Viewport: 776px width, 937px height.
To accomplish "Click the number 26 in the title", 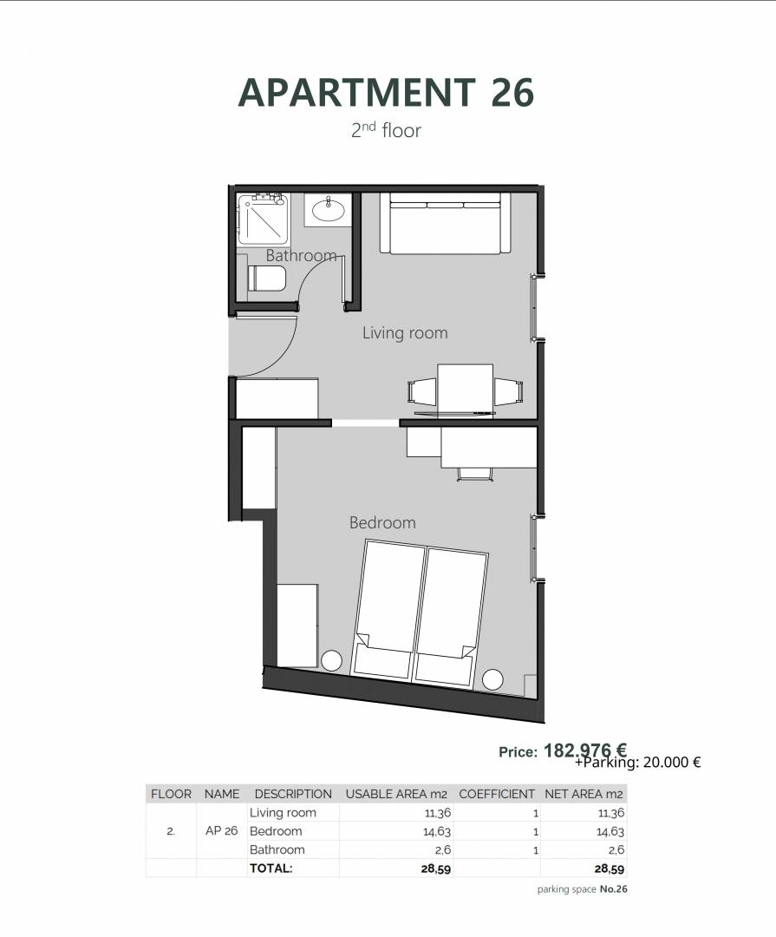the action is coord(512,93).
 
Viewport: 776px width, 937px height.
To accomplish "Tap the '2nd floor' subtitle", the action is coord(386,129).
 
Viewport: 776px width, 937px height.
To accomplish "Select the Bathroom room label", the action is coord(301,256).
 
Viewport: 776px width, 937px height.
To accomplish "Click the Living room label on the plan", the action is coord(405,333).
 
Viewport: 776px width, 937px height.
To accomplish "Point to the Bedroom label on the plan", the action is coord(382,523).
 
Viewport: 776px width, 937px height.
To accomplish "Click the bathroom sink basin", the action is coord(328,210).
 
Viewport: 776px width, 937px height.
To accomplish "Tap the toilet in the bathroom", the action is coord(266,278).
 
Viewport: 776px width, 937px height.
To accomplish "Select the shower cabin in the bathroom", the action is coord(264,219).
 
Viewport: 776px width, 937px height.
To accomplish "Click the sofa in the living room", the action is coord(446,223).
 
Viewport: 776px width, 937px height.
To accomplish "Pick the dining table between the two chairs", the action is coord(466,390).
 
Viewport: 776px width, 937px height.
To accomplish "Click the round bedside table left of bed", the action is coord(331,661).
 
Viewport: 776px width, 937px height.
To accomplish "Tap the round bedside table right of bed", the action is coord(492,679).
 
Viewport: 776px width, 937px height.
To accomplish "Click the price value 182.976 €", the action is coord(585,750).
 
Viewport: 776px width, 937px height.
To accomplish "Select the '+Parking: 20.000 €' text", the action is coord(637,763).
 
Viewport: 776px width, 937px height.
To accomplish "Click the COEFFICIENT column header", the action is coord(497,794).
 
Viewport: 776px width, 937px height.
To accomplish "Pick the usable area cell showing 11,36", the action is coord(438,813).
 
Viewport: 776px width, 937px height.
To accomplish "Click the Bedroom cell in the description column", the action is coord(276,831).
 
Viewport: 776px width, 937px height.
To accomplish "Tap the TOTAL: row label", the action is coord(271,868).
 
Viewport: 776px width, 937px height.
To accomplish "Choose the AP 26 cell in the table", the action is coord(222,830).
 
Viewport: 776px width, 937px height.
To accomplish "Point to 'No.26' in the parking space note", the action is coord(614,889).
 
